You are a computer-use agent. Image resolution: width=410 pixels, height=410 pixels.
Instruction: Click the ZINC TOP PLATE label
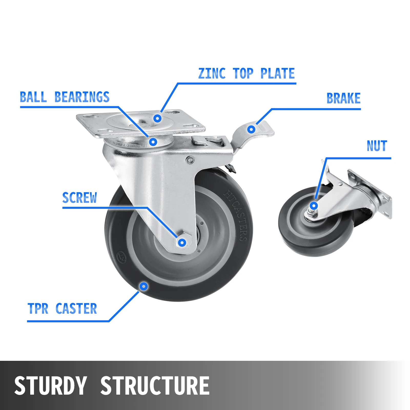click(x=246, y=74)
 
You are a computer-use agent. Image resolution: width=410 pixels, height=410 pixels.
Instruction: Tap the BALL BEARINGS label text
click(x=65, y=97)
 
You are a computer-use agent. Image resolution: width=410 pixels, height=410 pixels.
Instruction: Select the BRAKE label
click(x=343, y=98)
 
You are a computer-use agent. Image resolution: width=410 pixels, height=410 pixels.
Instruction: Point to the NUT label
click(x=377, y=146)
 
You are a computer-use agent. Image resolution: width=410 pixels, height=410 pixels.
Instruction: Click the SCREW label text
click(x=79, y=198)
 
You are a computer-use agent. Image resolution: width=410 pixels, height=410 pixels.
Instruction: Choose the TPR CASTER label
click(x=62, y=309)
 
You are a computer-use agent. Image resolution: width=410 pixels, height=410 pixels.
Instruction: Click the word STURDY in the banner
click(x=50, y=385)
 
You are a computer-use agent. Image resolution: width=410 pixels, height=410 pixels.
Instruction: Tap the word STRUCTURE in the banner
click(x=155, y=385)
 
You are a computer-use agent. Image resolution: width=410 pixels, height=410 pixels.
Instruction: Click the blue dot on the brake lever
click(x=251, y=129)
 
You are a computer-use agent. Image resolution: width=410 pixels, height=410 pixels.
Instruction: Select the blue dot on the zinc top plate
click(x=157, y=118)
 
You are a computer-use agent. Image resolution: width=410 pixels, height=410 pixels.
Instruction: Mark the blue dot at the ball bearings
click(x=153, y=142)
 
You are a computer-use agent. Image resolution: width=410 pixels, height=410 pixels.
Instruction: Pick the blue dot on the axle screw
click(x=182, y=242)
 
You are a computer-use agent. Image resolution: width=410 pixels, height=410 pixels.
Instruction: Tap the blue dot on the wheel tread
click(x=144, y=286)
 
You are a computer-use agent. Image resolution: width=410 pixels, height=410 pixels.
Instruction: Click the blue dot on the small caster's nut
click(x=314, y=206)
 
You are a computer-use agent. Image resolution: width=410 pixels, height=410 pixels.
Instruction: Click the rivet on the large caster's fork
click(x=190, y=160)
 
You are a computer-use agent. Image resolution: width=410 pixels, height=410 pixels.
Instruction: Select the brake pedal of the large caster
click(x=264, y=129)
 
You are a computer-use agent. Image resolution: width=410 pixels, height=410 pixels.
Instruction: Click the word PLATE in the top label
click(x=278, y=74)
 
